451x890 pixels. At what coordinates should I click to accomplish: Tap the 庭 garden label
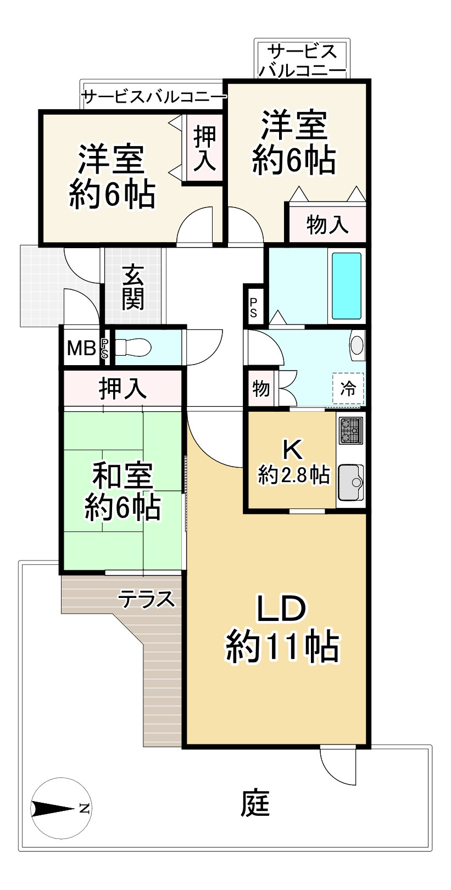256,804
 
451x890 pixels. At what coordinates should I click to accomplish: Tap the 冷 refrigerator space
348,389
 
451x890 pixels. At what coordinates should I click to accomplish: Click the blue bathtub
346,286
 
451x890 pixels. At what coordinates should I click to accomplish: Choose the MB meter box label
81,348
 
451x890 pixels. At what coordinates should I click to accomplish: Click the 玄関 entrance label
133,286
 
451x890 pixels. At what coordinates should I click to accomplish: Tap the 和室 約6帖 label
122,491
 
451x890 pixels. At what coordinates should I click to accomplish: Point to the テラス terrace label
147,598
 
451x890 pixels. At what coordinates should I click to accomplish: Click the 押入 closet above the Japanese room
123,389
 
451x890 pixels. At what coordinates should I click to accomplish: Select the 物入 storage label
327,224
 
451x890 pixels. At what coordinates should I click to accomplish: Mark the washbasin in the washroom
357,345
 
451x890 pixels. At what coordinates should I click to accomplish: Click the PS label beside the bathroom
253,307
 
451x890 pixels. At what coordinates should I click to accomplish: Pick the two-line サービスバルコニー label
302,61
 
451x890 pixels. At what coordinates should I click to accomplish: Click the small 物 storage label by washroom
261,389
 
